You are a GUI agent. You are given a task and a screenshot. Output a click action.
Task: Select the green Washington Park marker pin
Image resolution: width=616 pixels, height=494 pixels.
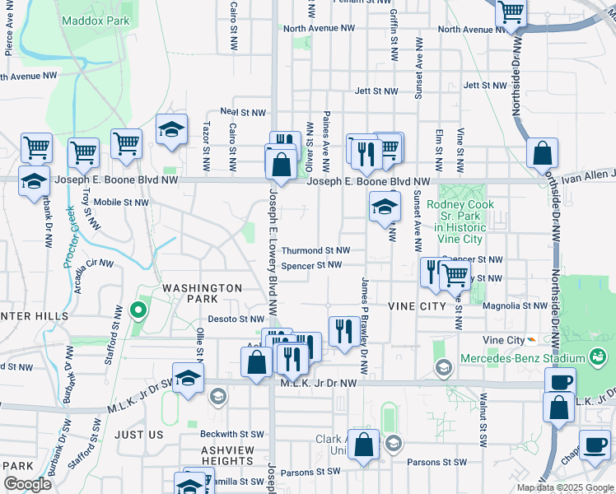[138, 312]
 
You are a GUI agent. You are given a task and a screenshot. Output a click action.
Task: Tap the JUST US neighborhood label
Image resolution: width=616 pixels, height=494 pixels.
[139, 434]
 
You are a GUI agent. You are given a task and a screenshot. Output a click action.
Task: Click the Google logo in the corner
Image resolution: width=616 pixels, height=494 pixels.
[27, 484]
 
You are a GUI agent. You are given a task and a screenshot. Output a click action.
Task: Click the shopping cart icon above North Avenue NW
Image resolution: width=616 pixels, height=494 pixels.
[511, 13]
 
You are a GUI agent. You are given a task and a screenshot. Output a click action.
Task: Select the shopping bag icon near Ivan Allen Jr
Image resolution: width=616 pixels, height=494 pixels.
[543, 154]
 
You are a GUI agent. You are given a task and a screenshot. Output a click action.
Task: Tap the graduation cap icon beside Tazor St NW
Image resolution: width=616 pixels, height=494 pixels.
[171, 131]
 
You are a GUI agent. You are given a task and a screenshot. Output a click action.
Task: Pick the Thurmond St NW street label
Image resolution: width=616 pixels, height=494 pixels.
[315, 250]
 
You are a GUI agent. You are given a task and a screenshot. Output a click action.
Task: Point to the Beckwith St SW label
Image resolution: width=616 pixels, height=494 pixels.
[233, 434]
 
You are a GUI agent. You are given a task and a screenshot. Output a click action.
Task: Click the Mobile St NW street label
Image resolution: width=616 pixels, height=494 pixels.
[121, 202]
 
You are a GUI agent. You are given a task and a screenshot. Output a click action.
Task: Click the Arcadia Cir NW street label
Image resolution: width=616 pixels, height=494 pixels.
[93, 263]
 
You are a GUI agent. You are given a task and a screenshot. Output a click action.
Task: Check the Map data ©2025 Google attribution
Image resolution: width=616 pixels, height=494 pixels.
[565, 487]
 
